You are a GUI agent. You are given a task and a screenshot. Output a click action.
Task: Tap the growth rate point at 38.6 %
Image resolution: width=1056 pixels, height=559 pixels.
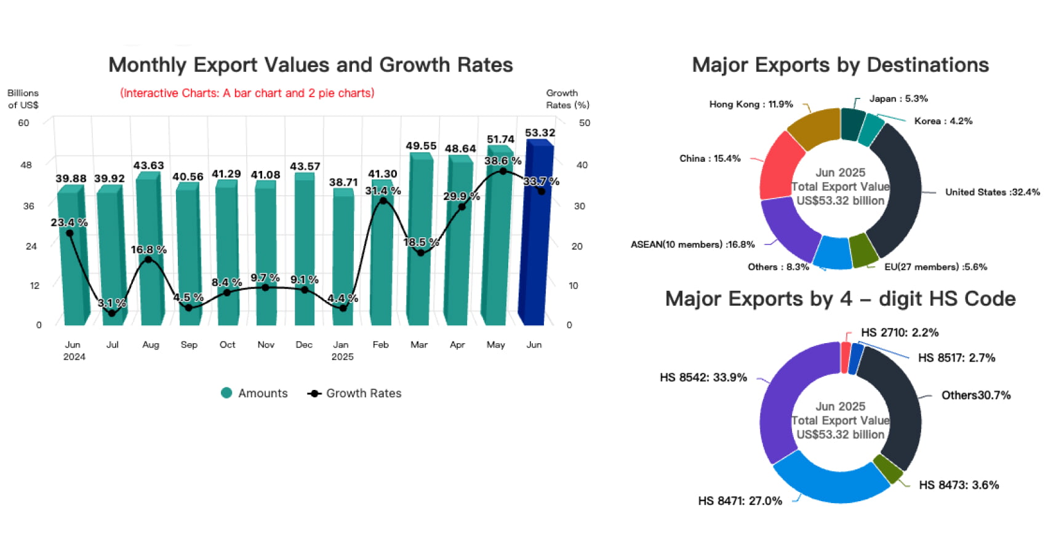coord(503,171)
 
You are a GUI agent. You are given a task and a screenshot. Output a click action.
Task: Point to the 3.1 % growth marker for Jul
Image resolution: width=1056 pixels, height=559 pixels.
coord(111,313)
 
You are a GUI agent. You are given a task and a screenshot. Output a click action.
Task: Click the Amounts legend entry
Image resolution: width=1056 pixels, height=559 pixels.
coord(254,393)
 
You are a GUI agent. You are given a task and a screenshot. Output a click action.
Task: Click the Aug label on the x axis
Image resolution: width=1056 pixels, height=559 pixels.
coord(150,344)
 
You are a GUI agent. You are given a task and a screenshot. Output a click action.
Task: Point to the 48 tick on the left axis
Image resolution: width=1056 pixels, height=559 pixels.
coord(26,165)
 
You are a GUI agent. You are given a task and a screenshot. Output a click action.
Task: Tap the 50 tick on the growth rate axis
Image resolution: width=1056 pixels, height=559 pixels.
coord(584,123)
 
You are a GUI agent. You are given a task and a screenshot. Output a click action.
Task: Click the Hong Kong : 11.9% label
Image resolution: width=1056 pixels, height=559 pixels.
coord(751,105)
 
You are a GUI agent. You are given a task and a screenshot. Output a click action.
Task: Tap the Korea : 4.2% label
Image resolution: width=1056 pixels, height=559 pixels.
coord(943,121)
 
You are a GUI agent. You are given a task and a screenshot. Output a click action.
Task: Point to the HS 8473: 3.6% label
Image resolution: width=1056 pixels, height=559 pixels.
coord(959,485)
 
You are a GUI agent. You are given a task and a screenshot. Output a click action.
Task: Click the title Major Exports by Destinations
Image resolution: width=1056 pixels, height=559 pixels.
coord(840,65)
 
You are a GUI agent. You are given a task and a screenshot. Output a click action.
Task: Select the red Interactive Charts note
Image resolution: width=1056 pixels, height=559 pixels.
coord(247,93)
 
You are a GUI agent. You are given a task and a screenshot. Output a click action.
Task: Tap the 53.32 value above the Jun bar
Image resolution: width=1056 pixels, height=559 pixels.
coord(540,133)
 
